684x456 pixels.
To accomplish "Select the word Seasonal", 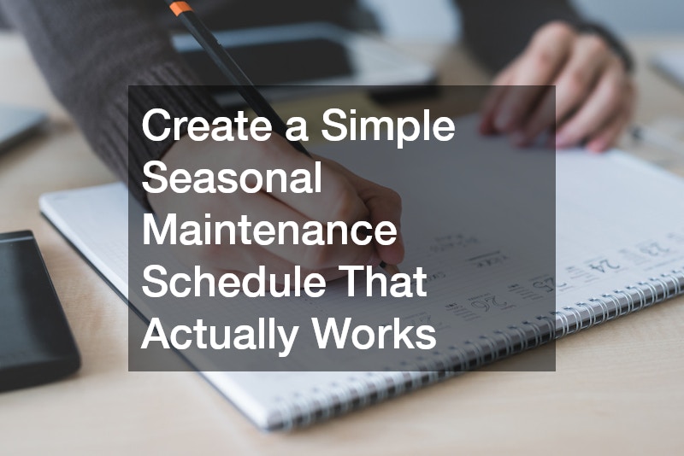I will (x=232, y=179).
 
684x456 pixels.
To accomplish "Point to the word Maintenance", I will (x=269, y=231).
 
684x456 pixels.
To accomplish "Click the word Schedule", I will (x=232, y=283).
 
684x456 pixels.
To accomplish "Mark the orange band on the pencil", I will (x=180, y=8).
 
